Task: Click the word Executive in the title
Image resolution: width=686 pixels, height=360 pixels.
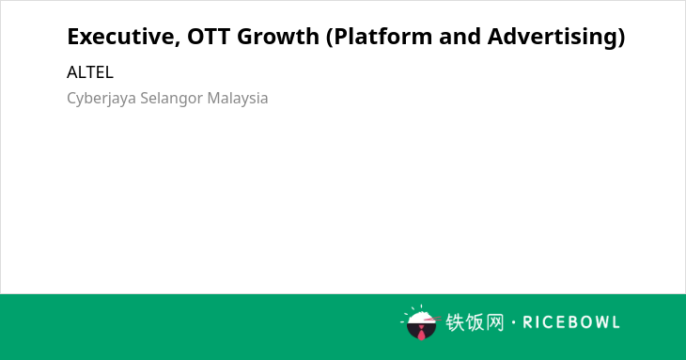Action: tap(121, 37)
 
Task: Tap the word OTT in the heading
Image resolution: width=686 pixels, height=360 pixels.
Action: tap(209, 37)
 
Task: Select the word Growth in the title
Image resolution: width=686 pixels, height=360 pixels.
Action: tap(278, 37)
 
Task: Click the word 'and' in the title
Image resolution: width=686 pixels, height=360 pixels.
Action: tap(460, 37)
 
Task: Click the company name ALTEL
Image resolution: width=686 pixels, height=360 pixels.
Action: tap(90, 72)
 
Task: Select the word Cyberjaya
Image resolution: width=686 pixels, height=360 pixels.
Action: tap(101, 99)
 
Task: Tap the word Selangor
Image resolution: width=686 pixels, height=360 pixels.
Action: tap(171, 99)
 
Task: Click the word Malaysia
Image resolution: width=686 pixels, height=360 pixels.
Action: tap(238, 99)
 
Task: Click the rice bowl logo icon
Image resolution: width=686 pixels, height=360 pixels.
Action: tap(421, 322)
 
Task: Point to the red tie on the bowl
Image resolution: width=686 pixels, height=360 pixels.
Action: tap(421, 333)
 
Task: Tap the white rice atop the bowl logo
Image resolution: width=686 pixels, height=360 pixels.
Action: tap(421, 317)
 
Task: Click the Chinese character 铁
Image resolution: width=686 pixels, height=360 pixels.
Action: tap(455, 322)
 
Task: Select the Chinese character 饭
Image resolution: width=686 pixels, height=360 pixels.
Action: tap(476, 322)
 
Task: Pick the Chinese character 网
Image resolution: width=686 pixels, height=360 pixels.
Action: tap(495, 322)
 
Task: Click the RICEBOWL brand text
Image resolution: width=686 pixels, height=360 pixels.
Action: tap(571, 322)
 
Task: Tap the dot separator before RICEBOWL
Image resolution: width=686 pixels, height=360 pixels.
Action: tap(513, 322)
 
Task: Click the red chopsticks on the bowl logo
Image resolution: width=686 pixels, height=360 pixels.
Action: tap(432, 319)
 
